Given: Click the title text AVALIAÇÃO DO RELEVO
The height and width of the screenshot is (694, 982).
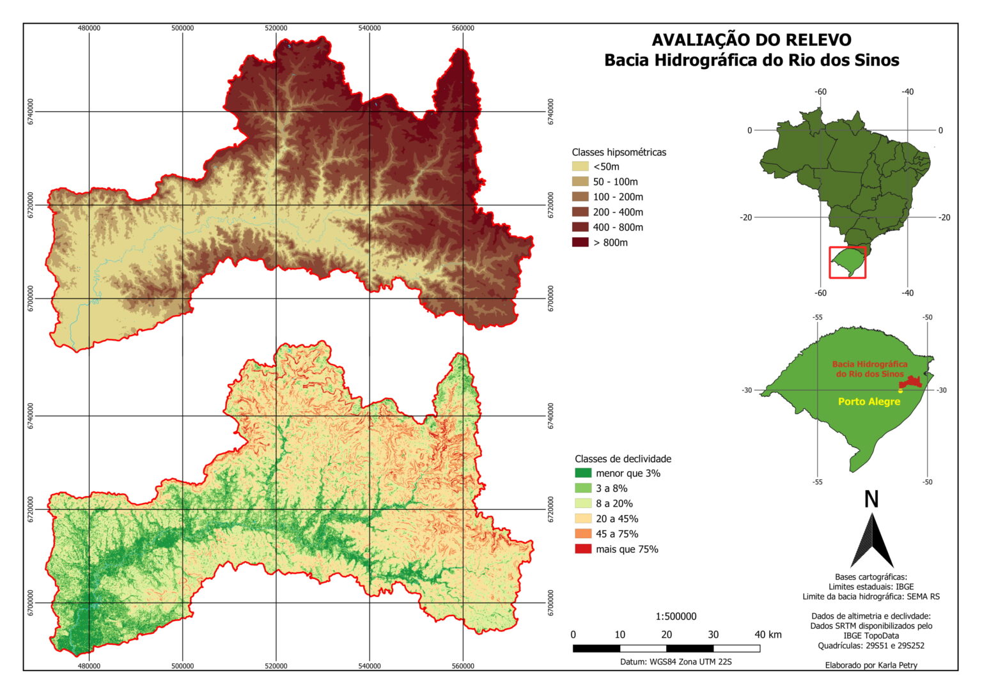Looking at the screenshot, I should click(x=751, y=40).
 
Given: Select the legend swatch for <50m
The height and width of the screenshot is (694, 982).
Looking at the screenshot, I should click(x=581, y=167).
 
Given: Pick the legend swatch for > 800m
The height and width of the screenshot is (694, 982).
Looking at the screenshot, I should click(x=581, y=243).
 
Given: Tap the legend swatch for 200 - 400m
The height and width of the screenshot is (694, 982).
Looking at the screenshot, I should click(x=581, y=212).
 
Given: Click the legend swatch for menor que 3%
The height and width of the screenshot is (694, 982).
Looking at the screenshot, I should click(x=583, y=474).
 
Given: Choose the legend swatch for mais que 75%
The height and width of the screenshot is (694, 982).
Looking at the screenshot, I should click(x=583, y=550).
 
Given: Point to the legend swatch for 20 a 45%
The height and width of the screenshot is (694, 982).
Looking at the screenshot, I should click(x=583, y=519).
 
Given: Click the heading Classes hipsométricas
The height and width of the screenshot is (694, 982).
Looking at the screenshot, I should click(x=619, y=152).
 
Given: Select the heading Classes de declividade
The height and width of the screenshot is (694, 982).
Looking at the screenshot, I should click(x=623, y=459).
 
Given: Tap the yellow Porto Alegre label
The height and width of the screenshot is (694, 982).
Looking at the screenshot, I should click(x=869, y=402).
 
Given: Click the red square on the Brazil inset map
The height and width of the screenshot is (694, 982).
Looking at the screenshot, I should click(x=848, y=263).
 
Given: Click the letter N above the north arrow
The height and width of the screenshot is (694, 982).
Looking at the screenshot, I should click(x=871, y=499).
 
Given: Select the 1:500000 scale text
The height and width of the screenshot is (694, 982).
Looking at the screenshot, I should click(x=676, y=617).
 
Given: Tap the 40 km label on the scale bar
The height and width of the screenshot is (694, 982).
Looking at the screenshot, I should click(x=767, y=635).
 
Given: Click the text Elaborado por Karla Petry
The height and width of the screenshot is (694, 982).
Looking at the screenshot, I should click(x=871, y=665).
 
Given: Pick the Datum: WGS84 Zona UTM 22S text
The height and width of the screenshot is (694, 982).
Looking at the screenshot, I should click(x=676, y=662).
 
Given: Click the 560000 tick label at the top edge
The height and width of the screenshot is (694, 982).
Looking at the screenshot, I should click(x=463, y=28).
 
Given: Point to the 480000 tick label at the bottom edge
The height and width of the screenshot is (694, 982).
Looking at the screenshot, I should click(x=89, y=666).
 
